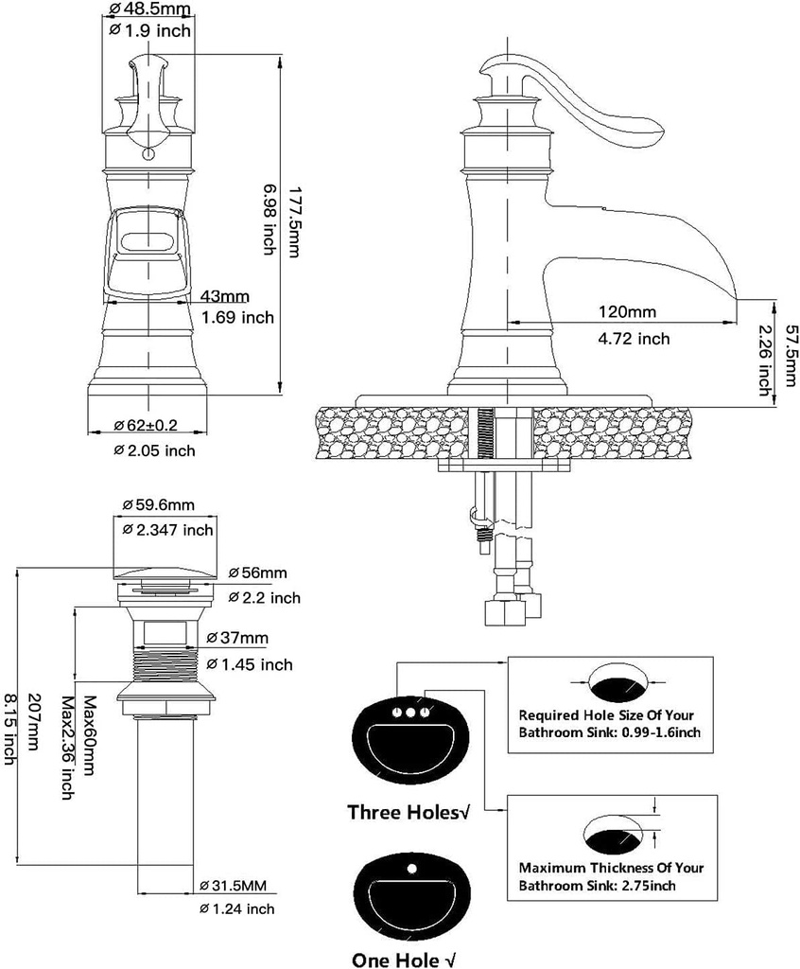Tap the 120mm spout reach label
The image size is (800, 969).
[627, 311]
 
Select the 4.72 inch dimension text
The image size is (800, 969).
[634, 338]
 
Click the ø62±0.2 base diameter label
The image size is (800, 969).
[152, 425]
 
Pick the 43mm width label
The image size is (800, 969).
[225, 296]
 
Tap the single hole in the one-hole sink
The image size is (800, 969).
[412, 868]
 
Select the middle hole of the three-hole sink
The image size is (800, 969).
[411, 713]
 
